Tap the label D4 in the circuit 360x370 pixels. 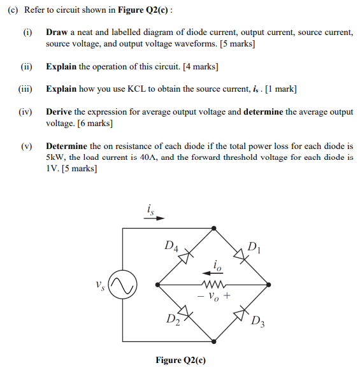[171, 245]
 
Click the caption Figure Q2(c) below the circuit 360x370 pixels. [180, 360]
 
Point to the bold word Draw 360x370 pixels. [56, 32]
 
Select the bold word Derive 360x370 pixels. [59, 111]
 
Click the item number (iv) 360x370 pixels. [26, 111]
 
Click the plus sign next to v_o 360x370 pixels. [226, 296]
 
